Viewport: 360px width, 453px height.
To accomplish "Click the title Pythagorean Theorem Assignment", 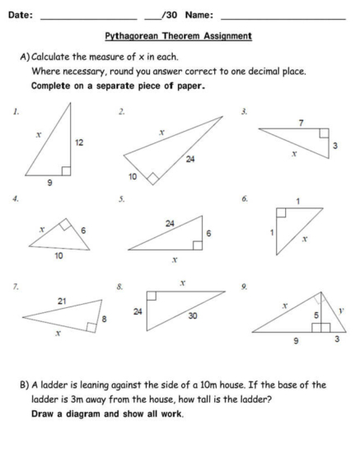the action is click(179, 36).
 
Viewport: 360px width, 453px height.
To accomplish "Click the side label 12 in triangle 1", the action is click(79, 142).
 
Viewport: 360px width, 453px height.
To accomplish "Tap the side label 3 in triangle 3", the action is click(334, 145).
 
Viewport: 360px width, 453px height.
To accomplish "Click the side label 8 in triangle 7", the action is click(104, 318).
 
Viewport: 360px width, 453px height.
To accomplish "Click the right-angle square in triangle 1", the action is click(66, 170).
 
